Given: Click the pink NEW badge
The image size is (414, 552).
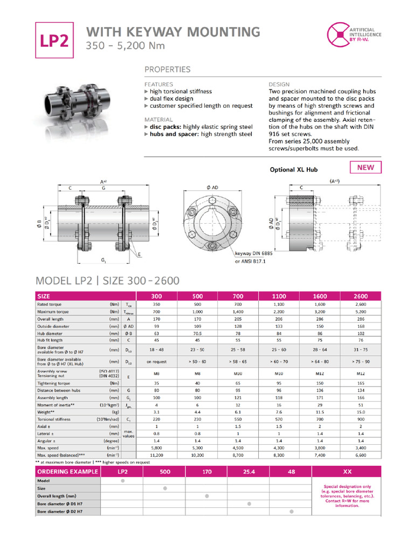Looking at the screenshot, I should click(x=365, y=167).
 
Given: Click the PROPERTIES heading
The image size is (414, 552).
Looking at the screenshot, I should click(x=167, y=70).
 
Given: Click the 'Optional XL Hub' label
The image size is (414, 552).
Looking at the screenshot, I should click(x=294, y=170).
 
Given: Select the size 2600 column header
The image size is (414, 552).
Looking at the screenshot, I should click(x=361, y=296).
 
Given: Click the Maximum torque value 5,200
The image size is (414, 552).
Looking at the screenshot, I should click(x=361, y=312).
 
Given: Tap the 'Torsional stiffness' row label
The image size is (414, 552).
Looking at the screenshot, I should click(x=58, y=419).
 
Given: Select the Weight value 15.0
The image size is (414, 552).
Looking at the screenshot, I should click(x=361, y=411).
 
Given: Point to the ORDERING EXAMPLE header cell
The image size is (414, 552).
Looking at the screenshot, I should click(x=68, y=472).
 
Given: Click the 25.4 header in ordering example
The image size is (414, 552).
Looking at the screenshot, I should click(x=249, y=472).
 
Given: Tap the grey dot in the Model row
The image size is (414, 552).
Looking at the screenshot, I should click(x=123, y=480).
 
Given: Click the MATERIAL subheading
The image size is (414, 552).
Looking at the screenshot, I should click(x=158, y=120).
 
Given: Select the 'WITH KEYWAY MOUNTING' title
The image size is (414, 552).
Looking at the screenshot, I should click(x=173, y=32).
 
